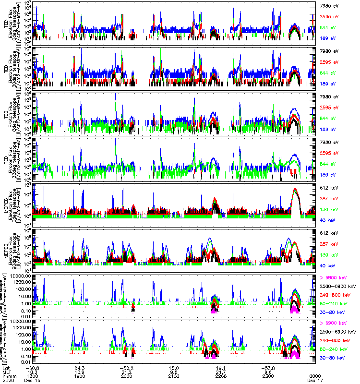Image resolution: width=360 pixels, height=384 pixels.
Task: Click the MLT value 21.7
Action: [221, 371]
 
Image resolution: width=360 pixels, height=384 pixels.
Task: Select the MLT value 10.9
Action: [80, 371]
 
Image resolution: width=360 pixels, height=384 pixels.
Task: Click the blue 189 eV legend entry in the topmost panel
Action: [328, 38]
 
